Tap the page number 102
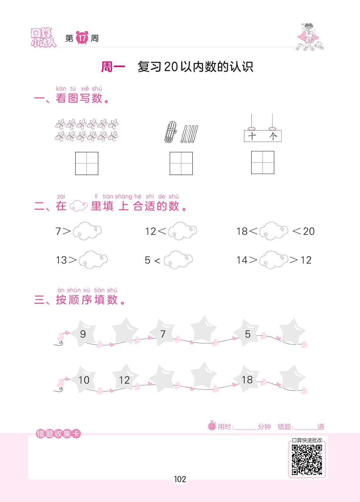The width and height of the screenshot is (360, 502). (180, 479)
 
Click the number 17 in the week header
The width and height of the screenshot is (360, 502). (82, 38)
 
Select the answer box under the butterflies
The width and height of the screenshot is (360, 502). (87, 163)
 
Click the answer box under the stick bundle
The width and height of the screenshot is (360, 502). (181, 163)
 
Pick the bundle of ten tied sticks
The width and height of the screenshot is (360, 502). (171, 132)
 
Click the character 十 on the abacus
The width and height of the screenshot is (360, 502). (252, 136)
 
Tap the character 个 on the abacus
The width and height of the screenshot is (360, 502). (273, 136)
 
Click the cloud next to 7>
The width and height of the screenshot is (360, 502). (87, 231)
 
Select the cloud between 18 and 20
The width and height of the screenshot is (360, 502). (273, 231)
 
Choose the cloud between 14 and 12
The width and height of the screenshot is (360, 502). (273, 260)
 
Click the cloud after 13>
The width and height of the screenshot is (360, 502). (93, 260)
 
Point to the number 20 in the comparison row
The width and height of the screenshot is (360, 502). (309, 231)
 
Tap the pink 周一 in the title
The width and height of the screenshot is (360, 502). (113, 67)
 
